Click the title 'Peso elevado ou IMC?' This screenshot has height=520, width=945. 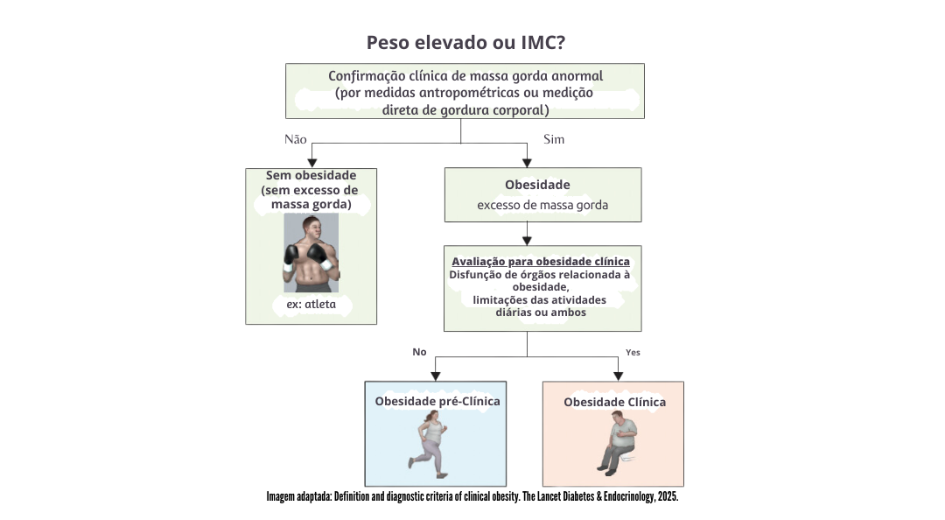point(472,43)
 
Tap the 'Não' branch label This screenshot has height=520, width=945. point(296,139)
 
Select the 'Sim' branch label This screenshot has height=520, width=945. point(554,139)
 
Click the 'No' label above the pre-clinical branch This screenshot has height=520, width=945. point(419,352)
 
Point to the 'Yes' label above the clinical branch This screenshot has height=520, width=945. point(633,352)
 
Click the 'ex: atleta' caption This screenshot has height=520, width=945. point(311,306)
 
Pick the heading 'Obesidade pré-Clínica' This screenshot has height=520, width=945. point(437,401)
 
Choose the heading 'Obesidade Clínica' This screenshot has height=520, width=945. point(614,402)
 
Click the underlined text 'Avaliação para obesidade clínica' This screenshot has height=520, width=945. point(541,261)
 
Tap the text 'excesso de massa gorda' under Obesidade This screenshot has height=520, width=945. point(542,206)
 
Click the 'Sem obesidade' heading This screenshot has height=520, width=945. point(311,175)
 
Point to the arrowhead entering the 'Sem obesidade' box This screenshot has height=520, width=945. point(311,161)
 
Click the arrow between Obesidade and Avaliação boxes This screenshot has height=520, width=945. point(527,234)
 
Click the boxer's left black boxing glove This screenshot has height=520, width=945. point(293,255)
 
